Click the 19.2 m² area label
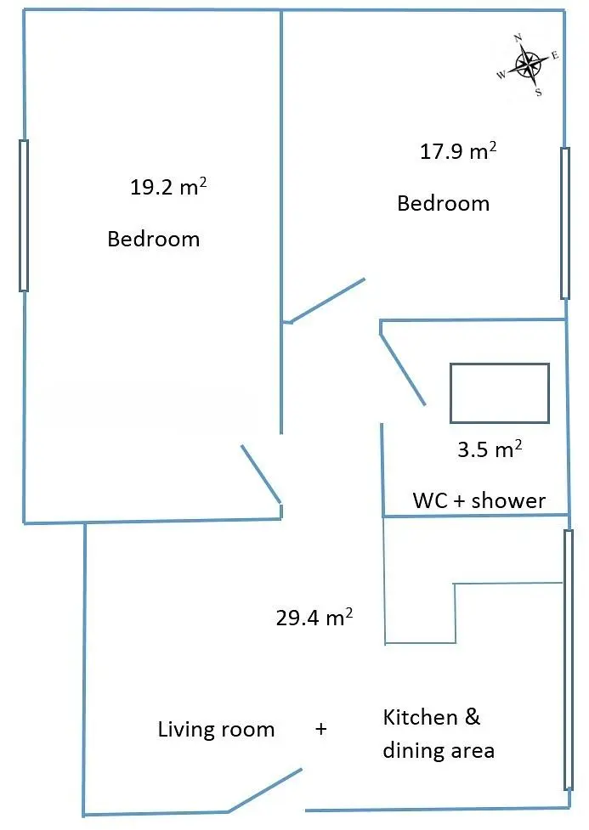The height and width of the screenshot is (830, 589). (168, 186)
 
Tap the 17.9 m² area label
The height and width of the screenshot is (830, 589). (458, 151)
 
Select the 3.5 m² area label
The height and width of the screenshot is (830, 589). (490, 449)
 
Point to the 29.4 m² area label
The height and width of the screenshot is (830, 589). (314, 618)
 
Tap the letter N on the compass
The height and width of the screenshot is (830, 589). (518, 37)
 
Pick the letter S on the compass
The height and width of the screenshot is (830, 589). (538, 92)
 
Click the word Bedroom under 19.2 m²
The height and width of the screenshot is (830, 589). (154, 239)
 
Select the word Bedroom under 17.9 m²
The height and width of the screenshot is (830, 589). (444, 203)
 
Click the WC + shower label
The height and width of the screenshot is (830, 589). (479, 500)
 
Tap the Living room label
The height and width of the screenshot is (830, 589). (216, 730)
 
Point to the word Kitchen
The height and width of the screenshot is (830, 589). (420, 717)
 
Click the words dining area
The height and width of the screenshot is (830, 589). (439, 751)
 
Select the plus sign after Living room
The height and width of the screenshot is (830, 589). (321, 729)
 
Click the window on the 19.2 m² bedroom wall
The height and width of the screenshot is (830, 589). (23, 216)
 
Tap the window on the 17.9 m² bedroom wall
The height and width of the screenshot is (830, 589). (565, 223)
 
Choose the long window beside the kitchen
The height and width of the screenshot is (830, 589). (569, 660)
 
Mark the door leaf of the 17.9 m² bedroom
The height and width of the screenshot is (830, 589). (327, 300)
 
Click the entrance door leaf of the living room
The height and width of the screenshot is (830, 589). (265, 790)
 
